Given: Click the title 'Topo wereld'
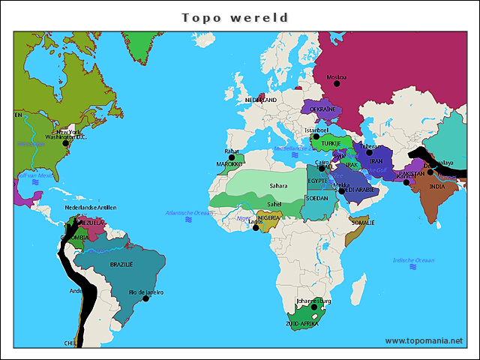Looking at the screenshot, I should point(235,17).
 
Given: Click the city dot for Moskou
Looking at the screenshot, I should point(337,84).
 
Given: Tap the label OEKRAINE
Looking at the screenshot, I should point(323,109).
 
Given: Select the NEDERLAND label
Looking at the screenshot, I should point(261,100).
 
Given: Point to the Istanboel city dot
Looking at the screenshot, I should point(316,136).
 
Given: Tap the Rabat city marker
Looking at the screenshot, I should point(232,157).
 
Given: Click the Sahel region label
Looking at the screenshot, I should point(274,203).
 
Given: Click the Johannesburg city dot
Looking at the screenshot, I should point(314,307).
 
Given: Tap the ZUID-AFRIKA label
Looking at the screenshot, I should point(301,323).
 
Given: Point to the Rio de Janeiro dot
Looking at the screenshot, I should point(145,298).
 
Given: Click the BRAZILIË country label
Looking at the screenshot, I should point(121,265).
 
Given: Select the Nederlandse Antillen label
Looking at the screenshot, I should point(91,207).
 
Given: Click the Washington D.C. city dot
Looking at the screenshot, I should point(65,143).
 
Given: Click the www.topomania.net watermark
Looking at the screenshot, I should point(424,340).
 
